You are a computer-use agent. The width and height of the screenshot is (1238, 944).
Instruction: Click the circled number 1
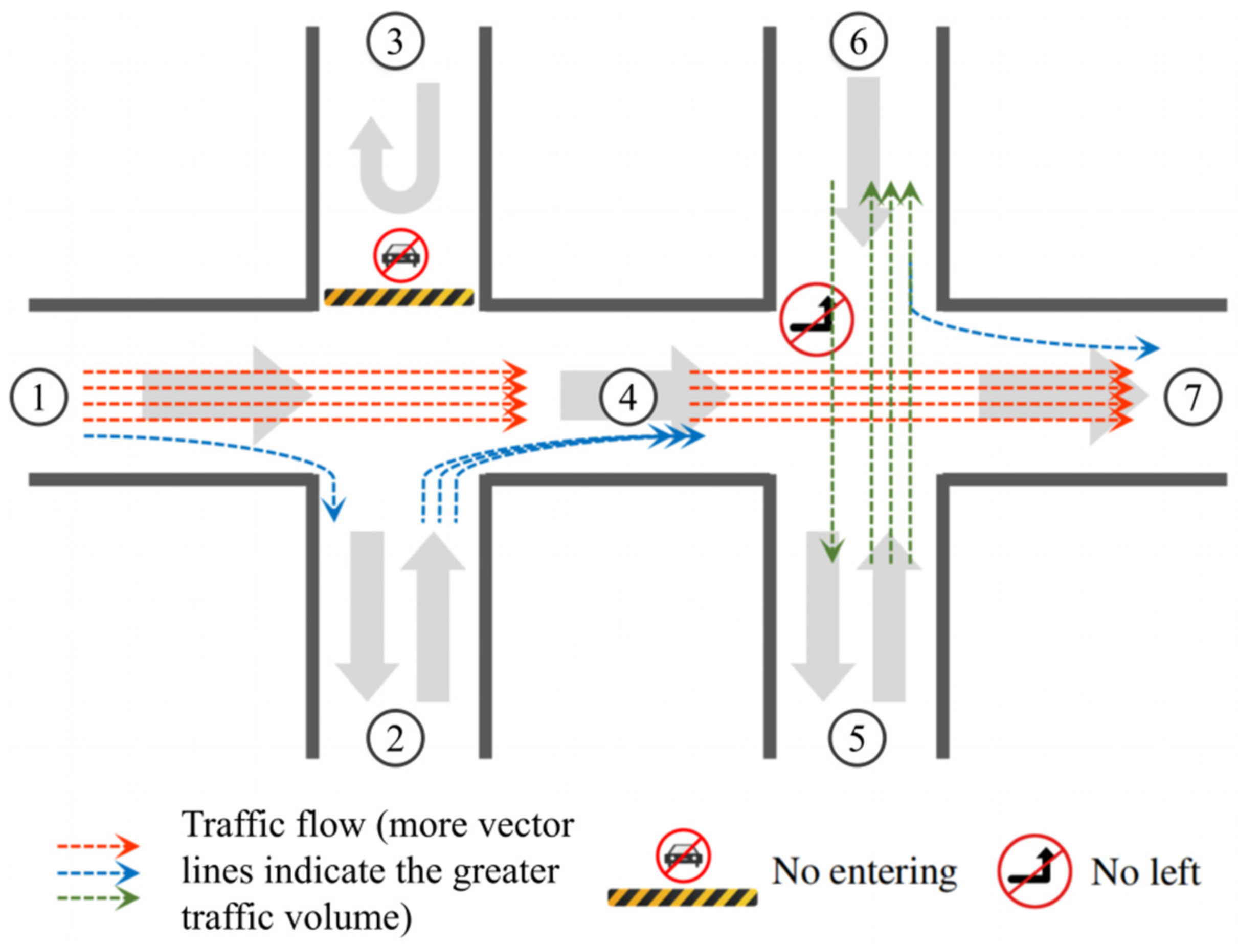(38, 397)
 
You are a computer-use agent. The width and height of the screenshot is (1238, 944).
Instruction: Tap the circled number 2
(395, 738)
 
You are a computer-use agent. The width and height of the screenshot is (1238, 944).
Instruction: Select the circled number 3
(395, 41)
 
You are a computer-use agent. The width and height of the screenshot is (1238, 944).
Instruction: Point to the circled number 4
(628, 397)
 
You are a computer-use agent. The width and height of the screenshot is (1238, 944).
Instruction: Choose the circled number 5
(857, 738)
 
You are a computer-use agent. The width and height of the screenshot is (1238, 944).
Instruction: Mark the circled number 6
(859, 41)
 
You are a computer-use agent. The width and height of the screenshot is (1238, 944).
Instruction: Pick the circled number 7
(1192, 397)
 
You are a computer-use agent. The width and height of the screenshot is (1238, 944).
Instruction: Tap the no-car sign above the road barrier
(401, 256)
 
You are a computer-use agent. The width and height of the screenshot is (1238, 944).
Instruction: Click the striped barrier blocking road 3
(399, 297)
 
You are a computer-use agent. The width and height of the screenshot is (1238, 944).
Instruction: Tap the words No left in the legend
(1145, 873)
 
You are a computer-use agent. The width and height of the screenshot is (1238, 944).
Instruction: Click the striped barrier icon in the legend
(682, 897)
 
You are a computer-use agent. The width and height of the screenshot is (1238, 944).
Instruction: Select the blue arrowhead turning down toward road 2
(334, 511)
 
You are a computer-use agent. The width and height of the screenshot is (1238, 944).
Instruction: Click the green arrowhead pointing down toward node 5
(832, 551)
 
